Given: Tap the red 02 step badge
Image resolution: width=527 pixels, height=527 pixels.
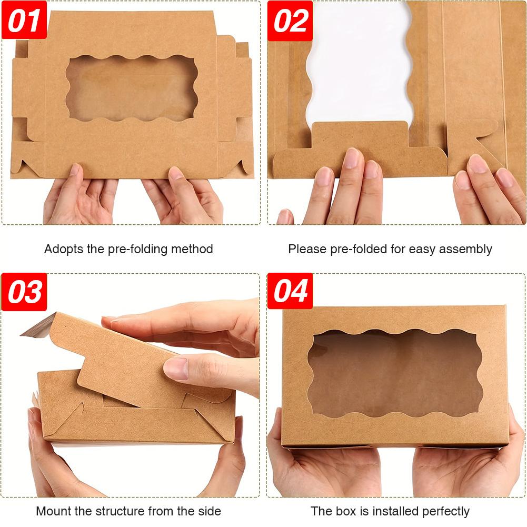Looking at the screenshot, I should coord(290,21).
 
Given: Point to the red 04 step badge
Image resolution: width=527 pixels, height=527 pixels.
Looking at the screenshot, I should coord(290,291).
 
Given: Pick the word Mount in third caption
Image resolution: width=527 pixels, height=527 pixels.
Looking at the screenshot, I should coord(52,511).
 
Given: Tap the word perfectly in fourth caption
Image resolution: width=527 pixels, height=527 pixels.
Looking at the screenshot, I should coord(444,511).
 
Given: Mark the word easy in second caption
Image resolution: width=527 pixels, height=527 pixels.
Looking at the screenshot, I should coord(421,250).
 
